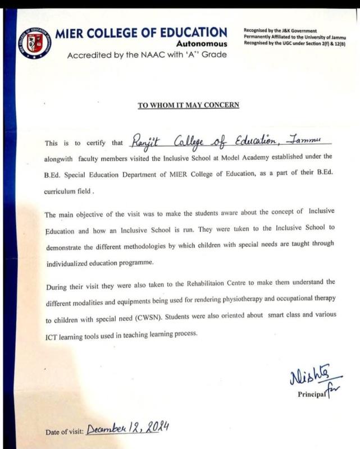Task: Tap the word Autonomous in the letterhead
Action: pos(202,44)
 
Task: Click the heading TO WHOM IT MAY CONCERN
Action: pos(189,105)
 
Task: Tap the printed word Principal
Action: pos(312,394)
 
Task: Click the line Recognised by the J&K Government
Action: pos(280,30)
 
